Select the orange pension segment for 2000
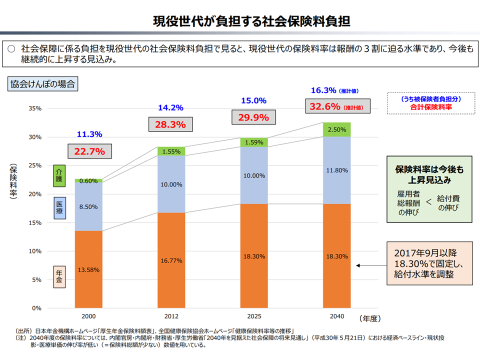(88, 270)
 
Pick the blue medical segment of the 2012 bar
(171, 184)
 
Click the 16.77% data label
(171, 260)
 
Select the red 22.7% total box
(89, 151)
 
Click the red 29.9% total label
(253, 117)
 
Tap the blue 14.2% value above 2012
(171, 107)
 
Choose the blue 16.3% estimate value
(323, 90)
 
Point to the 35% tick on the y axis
(33, 108)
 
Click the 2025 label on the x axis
(253, 317)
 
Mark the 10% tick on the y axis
(33, 251)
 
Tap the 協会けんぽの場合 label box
(42, 84)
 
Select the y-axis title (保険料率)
(13, 180)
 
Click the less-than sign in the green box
(428, 202)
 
